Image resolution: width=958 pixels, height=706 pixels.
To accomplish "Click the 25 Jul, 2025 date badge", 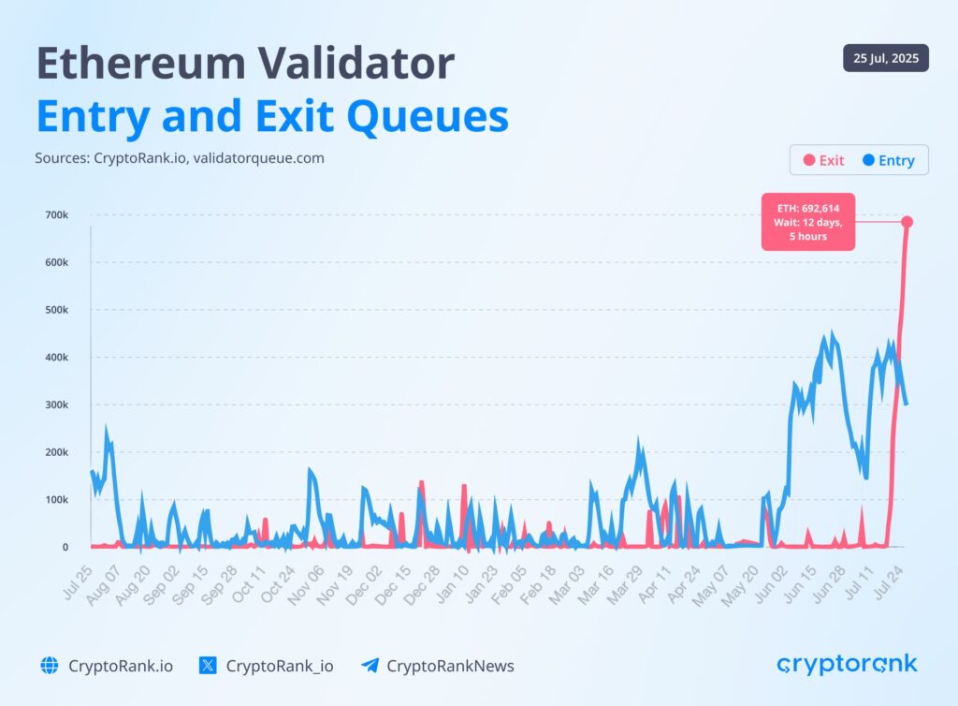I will (885, 58).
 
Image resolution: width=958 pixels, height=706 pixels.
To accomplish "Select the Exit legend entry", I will (823, 160).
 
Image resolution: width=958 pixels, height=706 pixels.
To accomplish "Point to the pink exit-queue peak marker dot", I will (907, 222).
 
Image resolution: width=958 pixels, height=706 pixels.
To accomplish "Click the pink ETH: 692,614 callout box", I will (809, 223).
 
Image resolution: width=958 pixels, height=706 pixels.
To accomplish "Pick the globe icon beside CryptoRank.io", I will (50, 666).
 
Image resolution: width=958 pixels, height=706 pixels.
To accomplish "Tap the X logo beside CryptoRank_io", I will (209, 666).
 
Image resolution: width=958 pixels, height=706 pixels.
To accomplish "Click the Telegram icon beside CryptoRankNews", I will (370, 666).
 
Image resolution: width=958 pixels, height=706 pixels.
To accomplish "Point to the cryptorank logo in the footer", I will (848, 664).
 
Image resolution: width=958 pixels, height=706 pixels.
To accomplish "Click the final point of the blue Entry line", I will (906, 404).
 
